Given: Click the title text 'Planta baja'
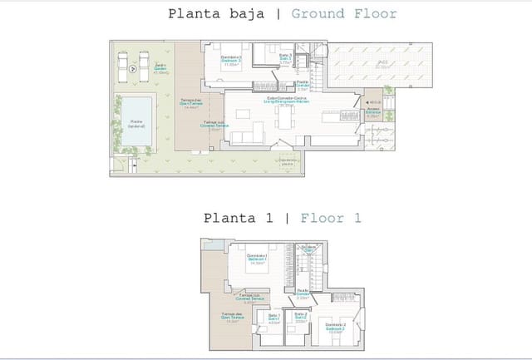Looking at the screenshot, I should (x=217, y=13).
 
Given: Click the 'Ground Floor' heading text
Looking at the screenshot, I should (x=344, y=13).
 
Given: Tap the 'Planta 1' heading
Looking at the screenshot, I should (x=240, y=219).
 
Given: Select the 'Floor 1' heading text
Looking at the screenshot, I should (x=331, y=219).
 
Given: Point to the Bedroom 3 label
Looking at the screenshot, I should (x=232, y=61).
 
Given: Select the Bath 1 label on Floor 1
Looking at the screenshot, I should (x=274, y=320).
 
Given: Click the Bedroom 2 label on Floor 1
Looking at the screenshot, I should (x=335, y=327).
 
